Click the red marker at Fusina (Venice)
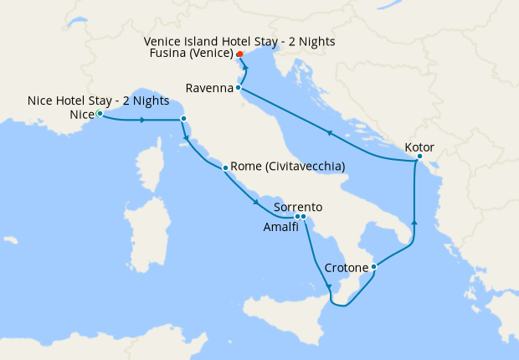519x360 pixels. [239, 54]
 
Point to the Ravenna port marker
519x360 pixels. [239, 87]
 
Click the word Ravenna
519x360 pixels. [209, 87]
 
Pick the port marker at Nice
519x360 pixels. [99, 113]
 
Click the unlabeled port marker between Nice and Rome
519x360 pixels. [183, 119]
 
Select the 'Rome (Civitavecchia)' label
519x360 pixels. [287, 167]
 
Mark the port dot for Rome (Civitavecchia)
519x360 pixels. [225, 168]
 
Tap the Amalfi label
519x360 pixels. [280, 227]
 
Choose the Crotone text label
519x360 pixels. [347, 268]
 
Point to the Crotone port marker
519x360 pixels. [373, 267]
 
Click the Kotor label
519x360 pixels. [419, 147]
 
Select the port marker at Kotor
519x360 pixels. [419, 157]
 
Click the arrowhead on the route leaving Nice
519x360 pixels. [144, 120]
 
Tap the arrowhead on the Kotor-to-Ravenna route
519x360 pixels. [330, 132]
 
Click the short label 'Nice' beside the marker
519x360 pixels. [82, 114]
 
